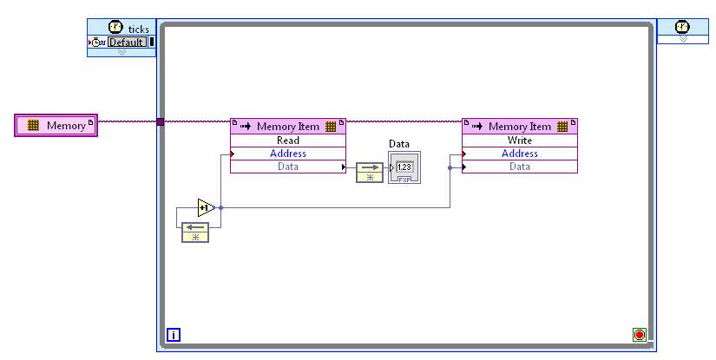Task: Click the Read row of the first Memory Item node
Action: coord(287,141)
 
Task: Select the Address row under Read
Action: coord(287,154)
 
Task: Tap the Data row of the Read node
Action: coord(287,167)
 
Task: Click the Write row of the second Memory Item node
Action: coord(519,141)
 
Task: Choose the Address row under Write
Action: coord(519,154)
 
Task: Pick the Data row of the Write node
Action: coord(519,167)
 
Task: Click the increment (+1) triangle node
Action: coord(205,207)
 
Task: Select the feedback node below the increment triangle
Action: coord(195,232)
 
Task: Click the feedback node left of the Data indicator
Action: coord(369,171)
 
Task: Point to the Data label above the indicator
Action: coord(398,144)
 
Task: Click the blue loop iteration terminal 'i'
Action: coord(173,334)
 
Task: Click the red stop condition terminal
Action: coord(640,334)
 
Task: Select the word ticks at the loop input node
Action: coord(139,29)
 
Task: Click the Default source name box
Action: coord(127,42)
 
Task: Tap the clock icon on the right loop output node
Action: coord(682,27)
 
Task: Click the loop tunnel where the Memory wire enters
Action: coord(161,121)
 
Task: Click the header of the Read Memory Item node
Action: coord(287,127)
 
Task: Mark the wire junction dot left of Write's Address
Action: coord(450,167)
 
